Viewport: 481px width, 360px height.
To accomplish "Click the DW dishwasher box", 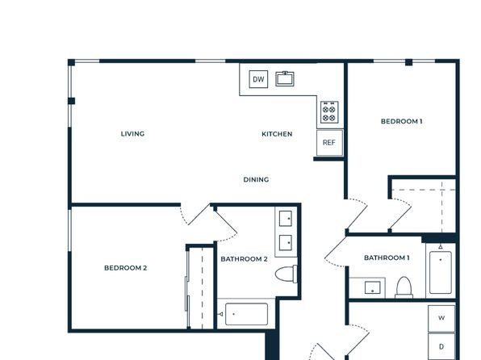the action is [x=258, y=79].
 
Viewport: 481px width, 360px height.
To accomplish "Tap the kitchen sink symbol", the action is [x=285, y=78].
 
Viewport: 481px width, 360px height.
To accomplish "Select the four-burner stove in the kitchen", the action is [x=329, y=112].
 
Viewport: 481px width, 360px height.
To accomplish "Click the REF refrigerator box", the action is [x=329, y=143].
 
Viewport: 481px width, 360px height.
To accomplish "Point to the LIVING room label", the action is [x=132, y=134].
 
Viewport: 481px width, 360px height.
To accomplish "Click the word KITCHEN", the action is [x=277, y=134].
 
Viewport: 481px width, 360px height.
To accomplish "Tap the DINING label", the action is [x=256, y=179].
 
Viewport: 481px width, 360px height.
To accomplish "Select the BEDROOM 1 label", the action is [x=402, y=121].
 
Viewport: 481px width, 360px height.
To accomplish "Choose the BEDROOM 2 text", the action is [x=125, y=268].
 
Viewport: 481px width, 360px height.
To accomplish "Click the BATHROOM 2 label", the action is [x=244, y=259].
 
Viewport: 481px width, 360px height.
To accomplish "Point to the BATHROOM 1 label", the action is [x=387, y=257].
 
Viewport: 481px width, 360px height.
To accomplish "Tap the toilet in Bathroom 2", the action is [x=286, y=274].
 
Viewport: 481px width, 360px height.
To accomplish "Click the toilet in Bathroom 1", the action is [x=404, y=287].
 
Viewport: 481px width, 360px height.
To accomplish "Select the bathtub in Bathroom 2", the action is [x=246, y=314].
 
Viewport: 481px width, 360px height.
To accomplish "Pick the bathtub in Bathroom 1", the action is [x=441, y=272].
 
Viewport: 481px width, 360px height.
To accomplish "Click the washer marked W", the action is [x=441, y=318].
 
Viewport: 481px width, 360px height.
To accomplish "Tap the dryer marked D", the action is [x=441, y=346].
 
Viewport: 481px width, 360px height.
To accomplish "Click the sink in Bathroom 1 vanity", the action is [x=372, y=288].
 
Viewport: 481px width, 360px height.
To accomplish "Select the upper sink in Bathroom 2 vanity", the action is [x=286, y=219].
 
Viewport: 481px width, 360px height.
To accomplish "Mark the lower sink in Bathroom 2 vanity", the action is [x=286, y=243].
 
